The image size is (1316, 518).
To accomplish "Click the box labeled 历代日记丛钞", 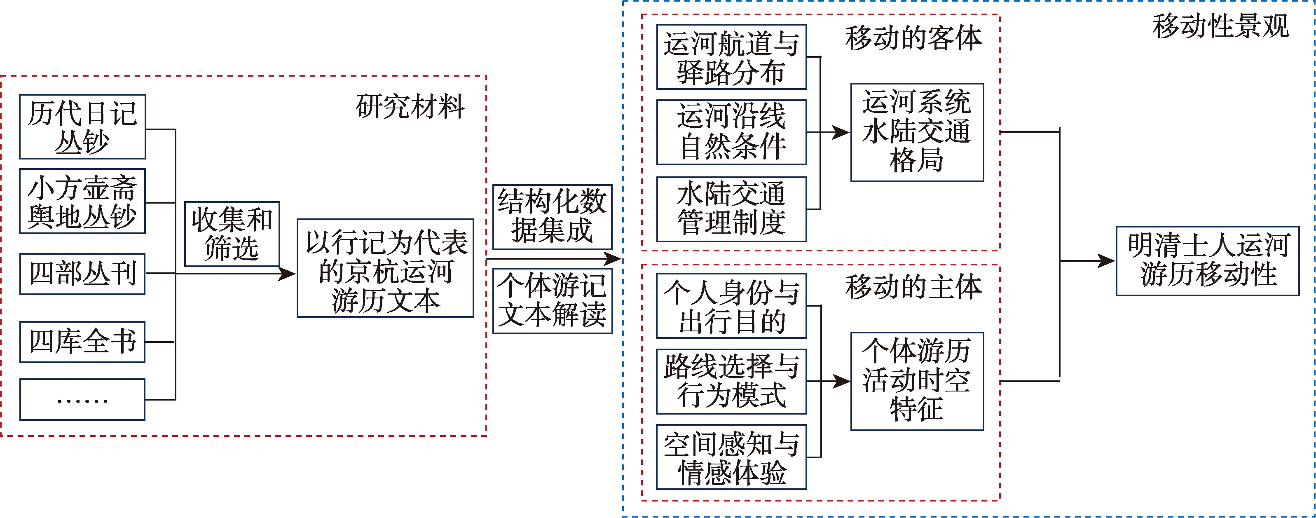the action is coord(82,127).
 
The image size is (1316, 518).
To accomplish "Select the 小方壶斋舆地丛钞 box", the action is coord(82,201).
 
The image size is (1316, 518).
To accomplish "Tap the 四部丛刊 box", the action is coord(82,274).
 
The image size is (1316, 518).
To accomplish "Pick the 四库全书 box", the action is coord(82,342).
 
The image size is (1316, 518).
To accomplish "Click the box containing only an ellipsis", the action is coord(82,399).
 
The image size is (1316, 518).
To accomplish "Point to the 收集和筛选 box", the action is coord(232,234).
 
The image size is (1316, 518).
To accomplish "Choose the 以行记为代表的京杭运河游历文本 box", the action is coord(385,268).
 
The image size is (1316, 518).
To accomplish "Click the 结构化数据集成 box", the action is coord(552,217).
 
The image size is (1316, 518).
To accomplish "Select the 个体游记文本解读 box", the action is coord(552,301).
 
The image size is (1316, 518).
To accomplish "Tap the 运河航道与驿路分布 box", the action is coord(732,57).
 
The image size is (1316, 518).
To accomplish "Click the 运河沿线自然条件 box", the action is coord(732,132).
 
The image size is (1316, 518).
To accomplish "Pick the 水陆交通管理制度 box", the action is coord(732,209).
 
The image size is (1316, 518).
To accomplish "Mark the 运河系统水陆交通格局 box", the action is coord(917,132).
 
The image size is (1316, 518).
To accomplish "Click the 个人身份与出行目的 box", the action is coord(732,305).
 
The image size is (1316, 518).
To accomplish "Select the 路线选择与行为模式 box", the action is coord(732,382).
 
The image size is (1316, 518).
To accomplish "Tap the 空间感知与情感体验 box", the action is coord(732,457).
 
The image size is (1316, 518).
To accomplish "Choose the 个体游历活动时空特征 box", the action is coord(917,381).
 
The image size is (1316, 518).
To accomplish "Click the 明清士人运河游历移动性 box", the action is coord(1208,261).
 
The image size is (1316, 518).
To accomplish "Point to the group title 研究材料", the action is coord(410,106).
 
